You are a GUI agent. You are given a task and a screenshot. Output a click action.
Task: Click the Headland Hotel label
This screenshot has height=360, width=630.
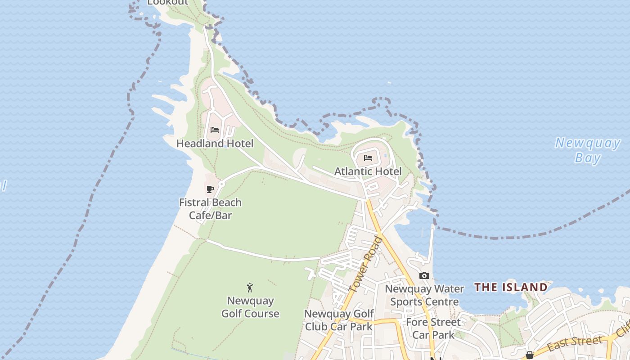click(215, 144)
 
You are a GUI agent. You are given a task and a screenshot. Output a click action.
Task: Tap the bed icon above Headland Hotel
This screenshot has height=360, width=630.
click(215, 130)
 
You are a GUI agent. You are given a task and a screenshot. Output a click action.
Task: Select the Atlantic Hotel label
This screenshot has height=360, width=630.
click(368, 171)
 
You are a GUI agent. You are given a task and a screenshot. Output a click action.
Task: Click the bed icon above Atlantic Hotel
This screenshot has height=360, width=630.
click(368, 158)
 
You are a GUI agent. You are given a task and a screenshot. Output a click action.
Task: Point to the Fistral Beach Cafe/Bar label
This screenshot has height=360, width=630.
click(210, 209)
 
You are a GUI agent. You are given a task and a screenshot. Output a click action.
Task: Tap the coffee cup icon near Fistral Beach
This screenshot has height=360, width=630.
click(210, 189)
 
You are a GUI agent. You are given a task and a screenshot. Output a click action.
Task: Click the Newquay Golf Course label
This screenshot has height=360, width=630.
click(250, 307)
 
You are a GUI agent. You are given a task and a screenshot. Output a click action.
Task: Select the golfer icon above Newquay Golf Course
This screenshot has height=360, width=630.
click(250, 287)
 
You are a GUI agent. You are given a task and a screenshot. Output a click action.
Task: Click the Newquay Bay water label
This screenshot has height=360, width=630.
click(588, 150)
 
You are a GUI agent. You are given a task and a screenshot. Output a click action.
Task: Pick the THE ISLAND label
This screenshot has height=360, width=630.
click(511, 287)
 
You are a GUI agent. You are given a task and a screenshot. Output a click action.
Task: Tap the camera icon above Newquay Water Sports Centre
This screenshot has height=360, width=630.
click(424, 275)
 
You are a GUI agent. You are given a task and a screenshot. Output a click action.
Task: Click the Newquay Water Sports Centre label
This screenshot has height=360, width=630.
click(424, 295)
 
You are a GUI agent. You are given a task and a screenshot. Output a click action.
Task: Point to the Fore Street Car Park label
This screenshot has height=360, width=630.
click(433, 328)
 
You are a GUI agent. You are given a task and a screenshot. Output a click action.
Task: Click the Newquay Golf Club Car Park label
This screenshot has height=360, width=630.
click(339, 320)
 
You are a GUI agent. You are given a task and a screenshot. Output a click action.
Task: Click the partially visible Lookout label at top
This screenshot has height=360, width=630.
click(168, 2)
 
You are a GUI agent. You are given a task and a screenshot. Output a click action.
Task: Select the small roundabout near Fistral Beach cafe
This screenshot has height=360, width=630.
click(221, 184)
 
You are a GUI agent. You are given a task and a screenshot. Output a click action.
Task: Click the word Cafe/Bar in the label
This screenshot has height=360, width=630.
click(210, 215)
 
